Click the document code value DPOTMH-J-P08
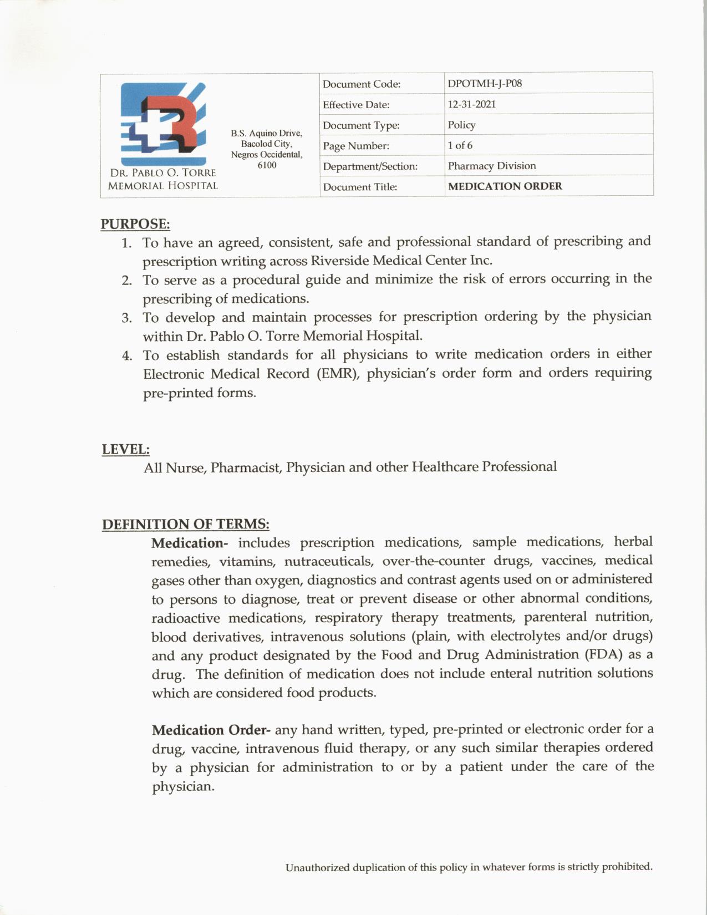pos(485,84)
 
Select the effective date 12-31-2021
pos(471,104)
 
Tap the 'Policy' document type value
pos(461,125)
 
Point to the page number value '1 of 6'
pos(460,145)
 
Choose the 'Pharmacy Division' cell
pos(492,166)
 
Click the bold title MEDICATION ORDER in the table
pos(505,186)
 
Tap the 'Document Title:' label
pos(360,187)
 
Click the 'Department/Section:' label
pos(370,166)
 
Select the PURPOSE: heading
pos(135,224)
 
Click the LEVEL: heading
pos(125,449)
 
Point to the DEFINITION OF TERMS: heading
pos(185,524)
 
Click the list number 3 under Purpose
pos(127,318)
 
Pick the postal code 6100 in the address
pos(267,165)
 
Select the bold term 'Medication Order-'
pos(211,730)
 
